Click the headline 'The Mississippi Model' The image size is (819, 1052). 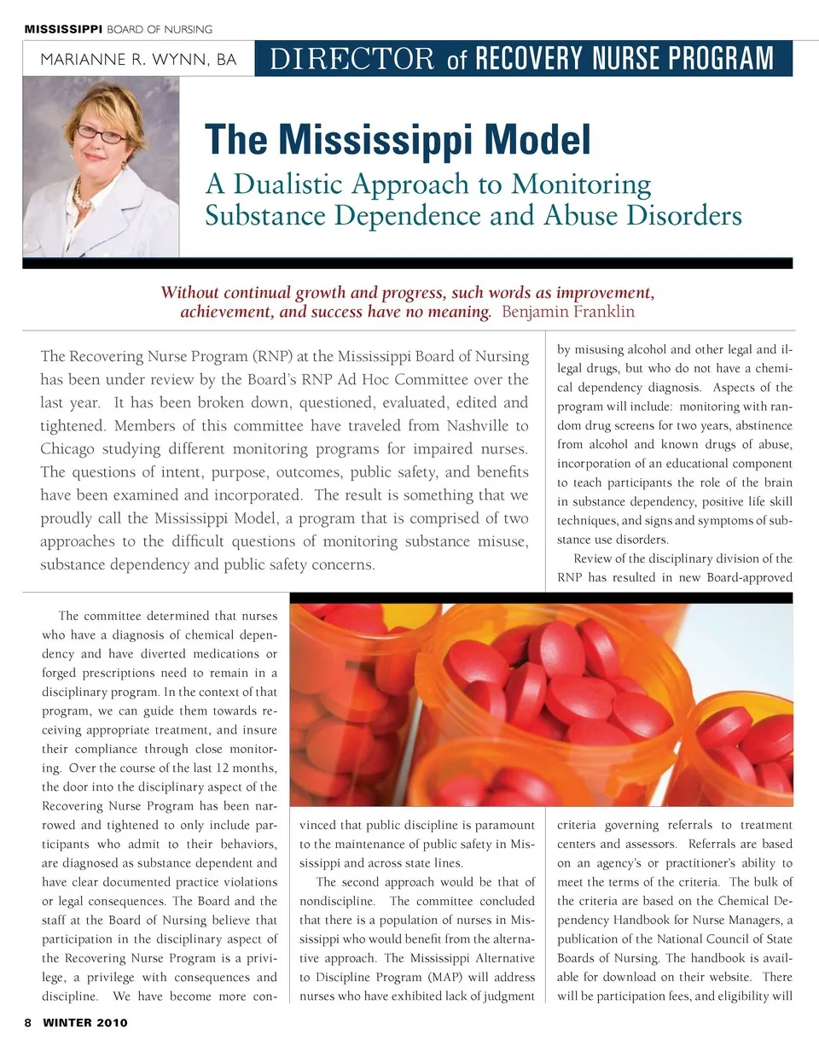point(398,141)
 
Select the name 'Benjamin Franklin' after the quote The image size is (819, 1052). point(568,312)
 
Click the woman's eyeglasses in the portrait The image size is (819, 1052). point(102,133)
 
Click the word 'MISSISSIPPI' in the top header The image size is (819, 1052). point(63,29)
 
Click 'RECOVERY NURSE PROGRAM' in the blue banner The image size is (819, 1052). point(624,59)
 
